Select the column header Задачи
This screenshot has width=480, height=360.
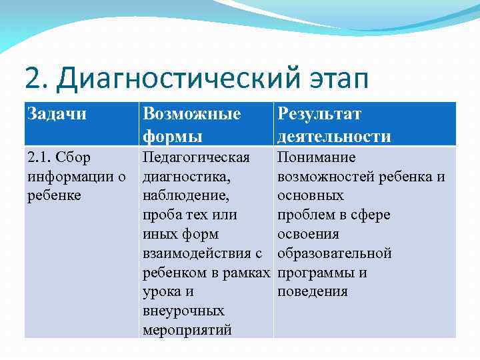[x=57, y=114]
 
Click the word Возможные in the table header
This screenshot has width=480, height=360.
[x=192, y=114]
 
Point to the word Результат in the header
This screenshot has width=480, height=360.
[x=319, y=114]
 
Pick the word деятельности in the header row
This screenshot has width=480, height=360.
[x=334, y=137]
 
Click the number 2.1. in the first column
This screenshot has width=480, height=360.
[x=40, y=157]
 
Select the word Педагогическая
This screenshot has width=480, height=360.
[x=196, y=157]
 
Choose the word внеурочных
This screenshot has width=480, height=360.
[x=183, y=311]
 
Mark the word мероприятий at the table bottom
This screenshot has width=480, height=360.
[x=187, y=331]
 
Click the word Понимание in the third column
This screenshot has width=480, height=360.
[x=317, y=157]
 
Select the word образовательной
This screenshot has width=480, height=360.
[x=334, y=253]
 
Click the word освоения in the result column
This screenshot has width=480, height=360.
[x=308, y=234]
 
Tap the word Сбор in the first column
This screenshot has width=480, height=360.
[x=74, y=157]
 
